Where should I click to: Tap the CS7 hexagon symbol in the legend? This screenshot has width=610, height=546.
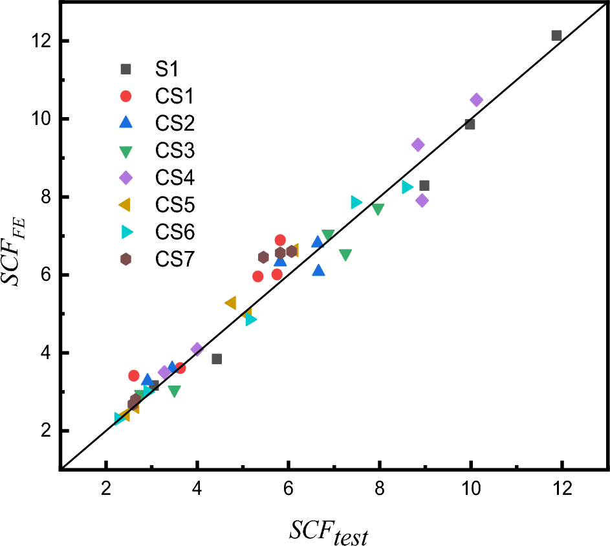(x=125, y=259)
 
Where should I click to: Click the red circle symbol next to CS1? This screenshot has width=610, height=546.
(x=125, y=96)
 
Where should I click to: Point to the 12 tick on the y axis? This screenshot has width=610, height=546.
(x=42, y=41)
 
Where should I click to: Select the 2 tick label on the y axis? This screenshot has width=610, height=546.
(x=46, y=431)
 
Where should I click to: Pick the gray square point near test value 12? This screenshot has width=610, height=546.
(x=556, y=36)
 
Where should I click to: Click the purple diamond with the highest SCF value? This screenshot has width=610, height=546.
(x=476, y=100)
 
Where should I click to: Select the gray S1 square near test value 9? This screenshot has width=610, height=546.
(x=424, y=186)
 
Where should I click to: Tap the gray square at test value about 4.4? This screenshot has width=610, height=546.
(x=217, y=359)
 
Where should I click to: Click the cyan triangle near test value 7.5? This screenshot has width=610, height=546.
(x=356, y=202)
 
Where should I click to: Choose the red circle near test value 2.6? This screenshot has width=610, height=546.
(x=134, y=376)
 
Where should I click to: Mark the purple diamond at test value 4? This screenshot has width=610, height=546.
(x=197, y=349)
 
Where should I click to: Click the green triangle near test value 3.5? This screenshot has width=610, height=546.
(x=174, y=391)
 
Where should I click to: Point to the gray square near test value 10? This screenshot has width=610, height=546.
(x=470, y=124)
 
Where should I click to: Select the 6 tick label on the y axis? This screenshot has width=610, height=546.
(x=46, y=275)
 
